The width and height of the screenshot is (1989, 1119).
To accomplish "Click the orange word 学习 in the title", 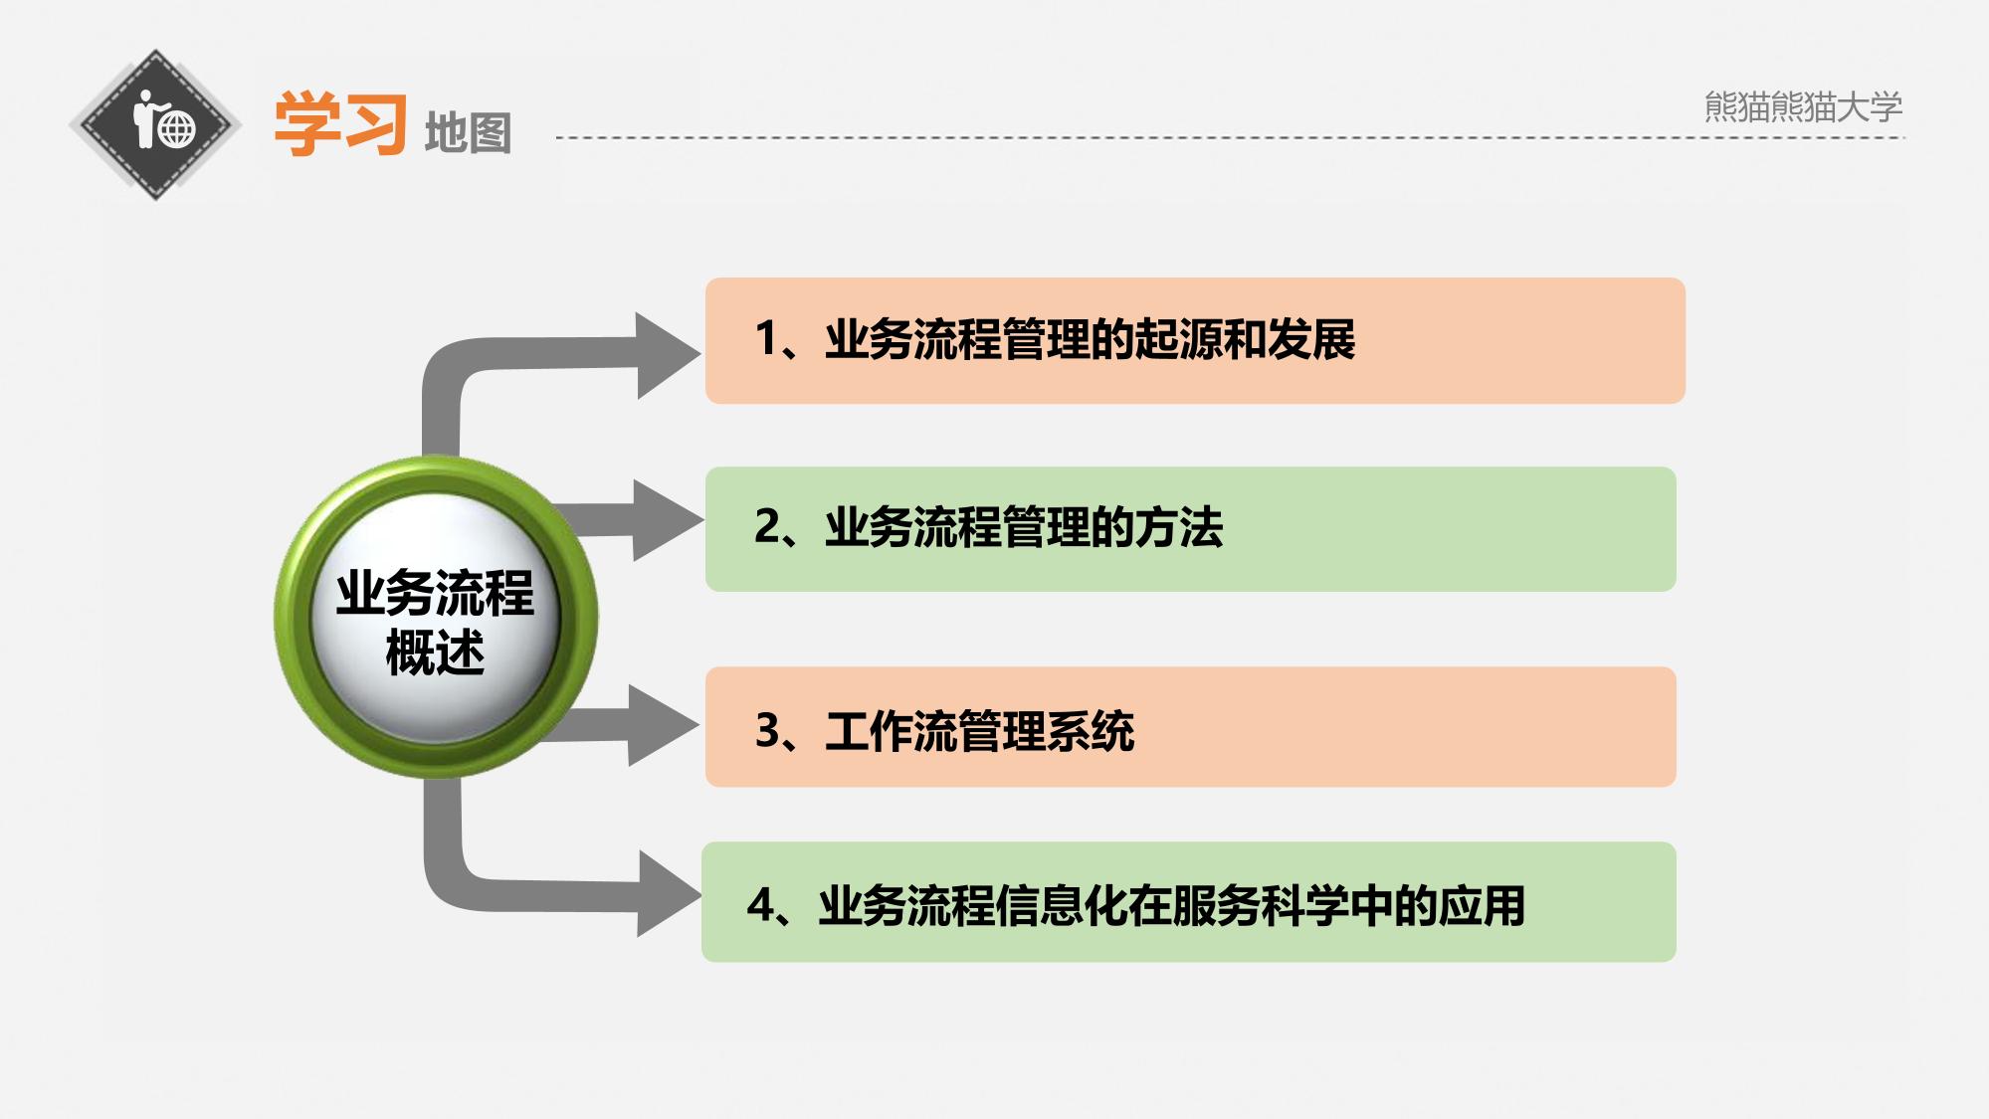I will (340, 124).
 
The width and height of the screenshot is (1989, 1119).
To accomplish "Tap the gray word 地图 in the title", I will (468, 133).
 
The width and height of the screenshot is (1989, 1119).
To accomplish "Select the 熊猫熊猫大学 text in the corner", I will (1803, 106).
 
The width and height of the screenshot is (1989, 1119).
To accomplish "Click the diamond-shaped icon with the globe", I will (155, 125).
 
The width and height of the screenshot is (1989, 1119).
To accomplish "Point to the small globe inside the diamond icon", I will (177, 129).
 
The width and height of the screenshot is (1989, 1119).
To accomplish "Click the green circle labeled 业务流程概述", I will (436, 617).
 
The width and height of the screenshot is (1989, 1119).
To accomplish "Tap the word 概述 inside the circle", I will (436, 653).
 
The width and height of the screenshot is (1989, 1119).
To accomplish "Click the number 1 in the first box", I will (766, 338).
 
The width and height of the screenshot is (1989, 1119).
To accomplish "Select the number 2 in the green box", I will (767, 526).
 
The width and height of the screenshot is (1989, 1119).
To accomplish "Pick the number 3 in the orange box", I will (767, 730).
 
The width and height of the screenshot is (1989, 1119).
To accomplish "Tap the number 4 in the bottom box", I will (760, 905).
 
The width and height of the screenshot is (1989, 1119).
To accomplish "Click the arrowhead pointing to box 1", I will (667, 355).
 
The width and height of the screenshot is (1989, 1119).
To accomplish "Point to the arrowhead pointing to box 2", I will (666, 519).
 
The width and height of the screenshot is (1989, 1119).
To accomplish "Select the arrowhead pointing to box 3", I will (662, 724).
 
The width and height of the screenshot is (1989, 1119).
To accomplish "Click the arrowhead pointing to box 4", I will (666, 893).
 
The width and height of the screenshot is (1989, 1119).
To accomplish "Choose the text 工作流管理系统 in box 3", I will (980, 731).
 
